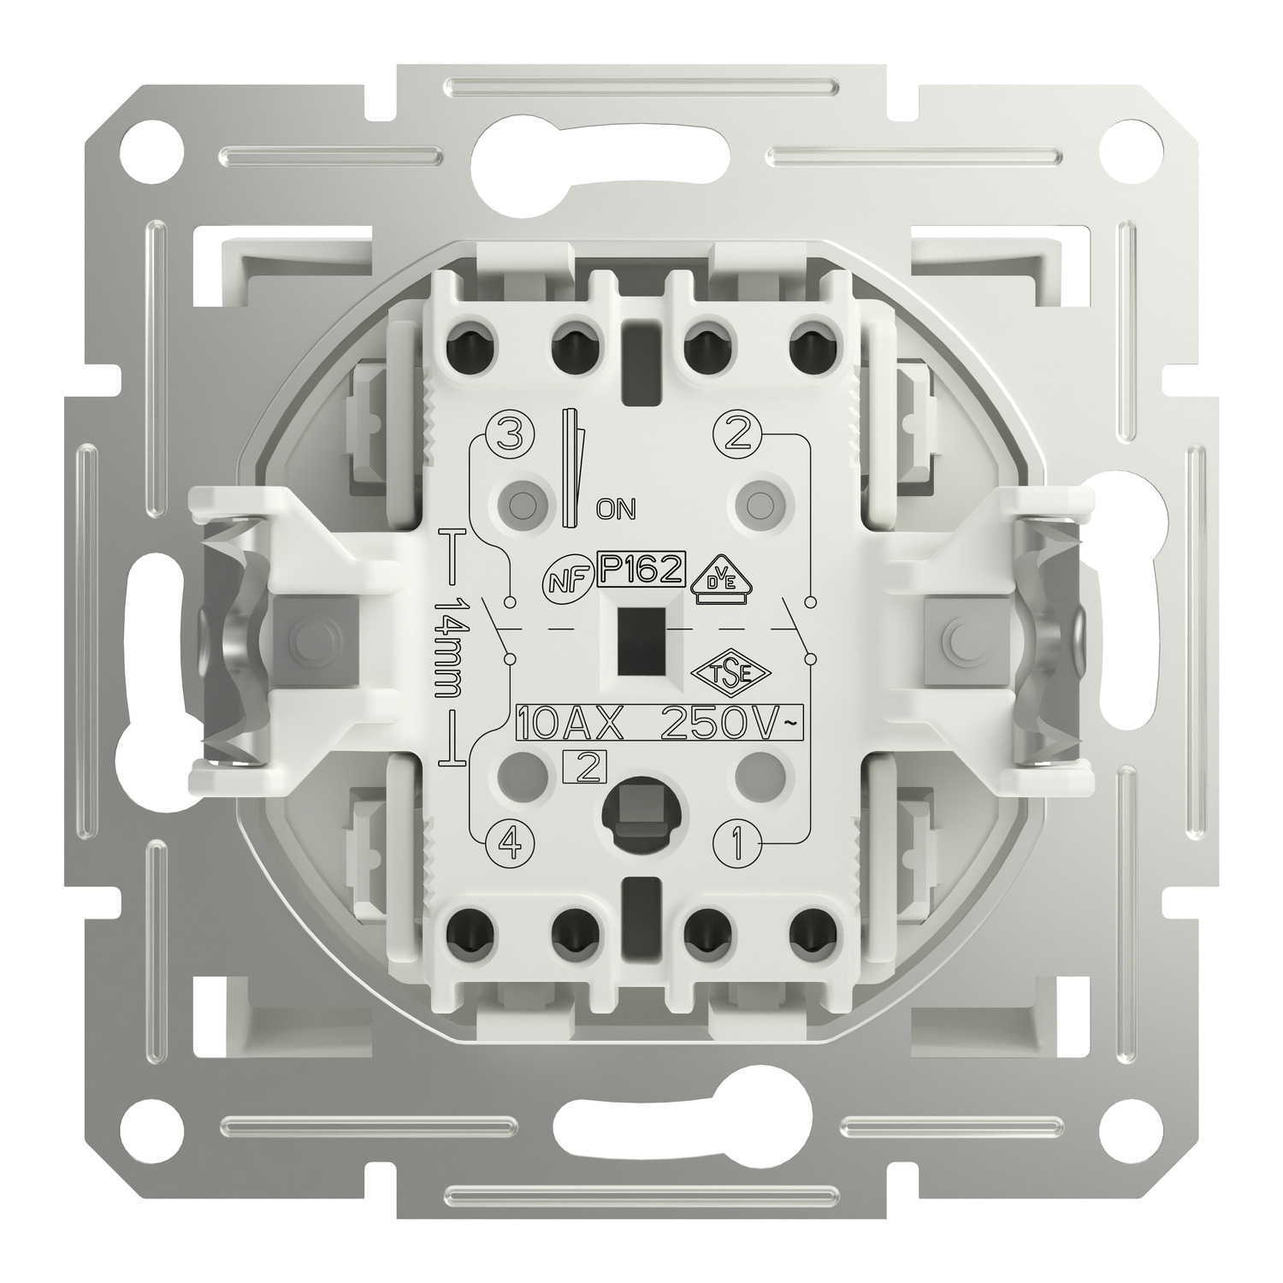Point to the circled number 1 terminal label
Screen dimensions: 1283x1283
[735, 845]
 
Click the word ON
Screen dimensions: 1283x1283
[616, 510]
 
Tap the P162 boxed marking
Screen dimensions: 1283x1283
[640, 569]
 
